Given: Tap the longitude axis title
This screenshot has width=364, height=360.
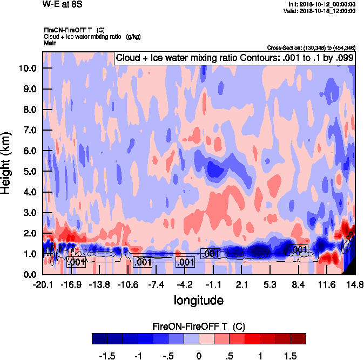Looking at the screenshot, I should click(x=198, y=300).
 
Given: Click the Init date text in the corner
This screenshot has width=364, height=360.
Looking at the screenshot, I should click(x=322, y=4).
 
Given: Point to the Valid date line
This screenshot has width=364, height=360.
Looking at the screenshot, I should click(x=322, y=11).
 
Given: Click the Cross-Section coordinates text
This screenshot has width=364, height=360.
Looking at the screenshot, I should click(x=311, y=47).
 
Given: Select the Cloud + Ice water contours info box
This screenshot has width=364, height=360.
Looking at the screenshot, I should click(x=234, y=58).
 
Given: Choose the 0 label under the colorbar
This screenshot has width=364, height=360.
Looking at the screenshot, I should click(x=199, y=356).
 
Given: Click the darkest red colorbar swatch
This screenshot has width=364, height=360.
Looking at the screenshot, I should click(x=298, y=338).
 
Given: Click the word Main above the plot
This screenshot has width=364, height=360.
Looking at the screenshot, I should click(x=50, y=43).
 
